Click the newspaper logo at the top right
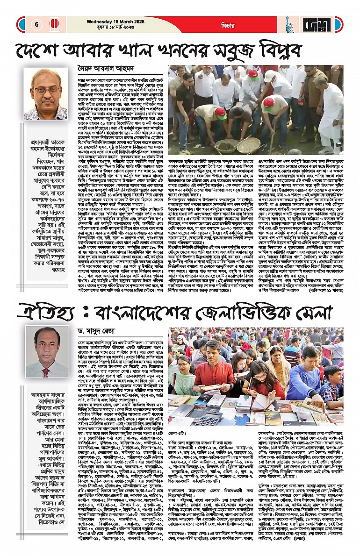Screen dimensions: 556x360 tap(327, 25)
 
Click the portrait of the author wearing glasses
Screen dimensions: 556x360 tap(45, 94)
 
